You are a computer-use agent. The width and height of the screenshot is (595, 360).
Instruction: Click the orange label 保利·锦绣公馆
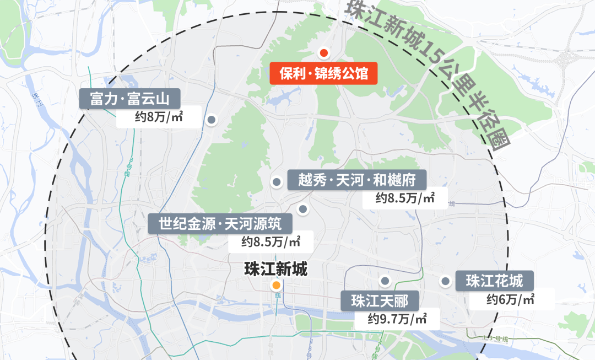[x=323, y=73]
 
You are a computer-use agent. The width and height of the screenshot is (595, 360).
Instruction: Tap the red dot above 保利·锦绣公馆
[x=324, y=53]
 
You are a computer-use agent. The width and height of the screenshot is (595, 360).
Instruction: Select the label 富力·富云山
[x=130, y=99]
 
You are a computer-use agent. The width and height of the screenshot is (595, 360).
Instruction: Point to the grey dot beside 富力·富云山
[x=211, y=120]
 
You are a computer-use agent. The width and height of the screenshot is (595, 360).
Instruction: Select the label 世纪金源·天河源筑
[x=220, y=224]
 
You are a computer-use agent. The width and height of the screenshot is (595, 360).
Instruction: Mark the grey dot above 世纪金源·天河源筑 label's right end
[x=302, y=209]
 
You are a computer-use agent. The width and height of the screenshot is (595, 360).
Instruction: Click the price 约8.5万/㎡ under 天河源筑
[x=271, y=241]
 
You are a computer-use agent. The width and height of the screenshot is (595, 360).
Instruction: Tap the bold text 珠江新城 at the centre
[x=275, y=270]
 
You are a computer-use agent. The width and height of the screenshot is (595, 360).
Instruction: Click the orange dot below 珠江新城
[x=276, y=286]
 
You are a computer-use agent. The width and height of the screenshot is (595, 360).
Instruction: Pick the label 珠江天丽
[x=380, y=301]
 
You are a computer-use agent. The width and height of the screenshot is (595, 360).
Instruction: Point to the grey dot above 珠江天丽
[x=385, y=281]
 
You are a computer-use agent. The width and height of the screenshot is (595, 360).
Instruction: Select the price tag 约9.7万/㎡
[x=397, y=319]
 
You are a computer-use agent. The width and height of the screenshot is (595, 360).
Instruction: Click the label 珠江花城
[x=494, y=281]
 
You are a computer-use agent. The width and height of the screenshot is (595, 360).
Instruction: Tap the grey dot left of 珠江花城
[x=445, y=281]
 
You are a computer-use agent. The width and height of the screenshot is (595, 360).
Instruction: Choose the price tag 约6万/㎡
[x=511, y=299]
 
